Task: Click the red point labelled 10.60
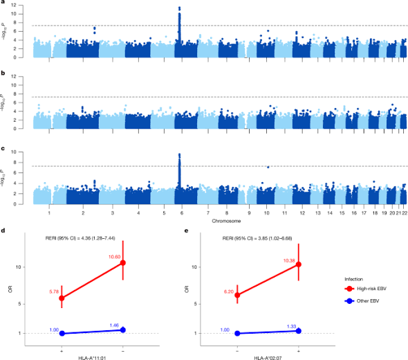123,262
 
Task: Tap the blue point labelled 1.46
123,330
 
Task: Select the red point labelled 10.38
298,264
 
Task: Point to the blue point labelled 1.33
298,330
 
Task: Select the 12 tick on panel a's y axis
25,5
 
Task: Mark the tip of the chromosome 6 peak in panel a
179,8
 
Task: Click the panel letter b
5,73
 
